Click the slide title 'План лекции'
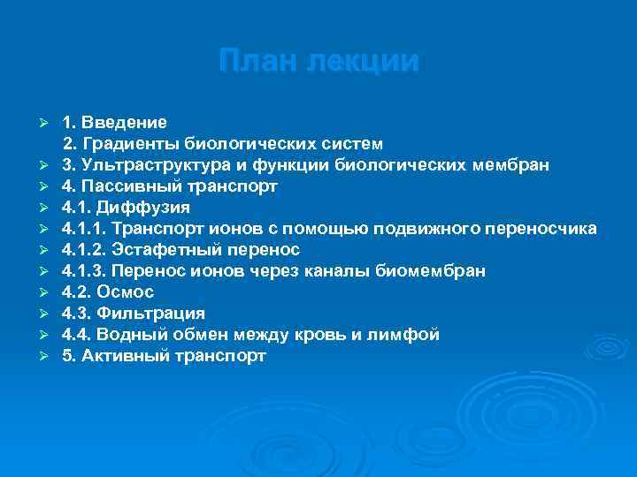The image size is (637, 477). [318, 62]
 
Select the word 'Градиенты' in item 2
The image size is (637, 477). [130, 143]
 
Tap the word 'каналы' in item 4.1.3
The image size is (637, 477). [349, 270]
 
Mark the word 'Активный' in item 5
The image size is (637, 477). [119, 355]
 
